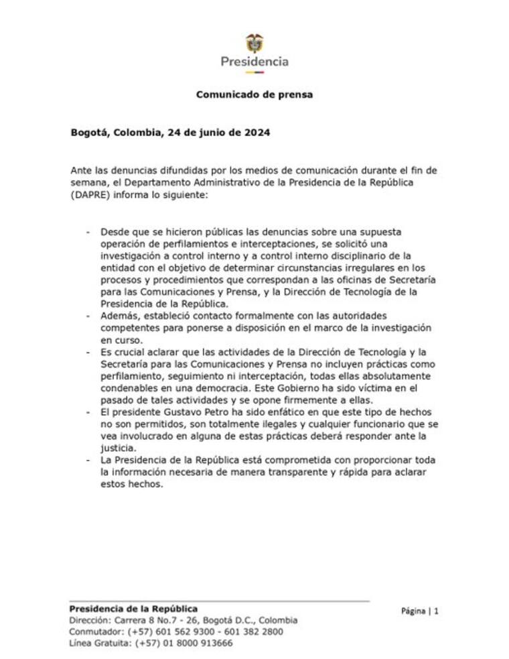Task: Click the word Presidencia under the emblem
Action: [x=254, y=62]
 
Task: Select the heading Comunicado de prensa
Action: [x=254, y=95]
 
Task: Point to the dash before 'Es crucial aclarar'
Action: [x=88, y=351]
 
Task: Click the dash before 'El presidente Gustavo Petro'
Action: [x=88, y=412]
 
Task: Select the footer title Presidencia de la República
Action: [x=134, y=609]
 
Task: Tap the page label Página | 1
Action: [x=420, y=611]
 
